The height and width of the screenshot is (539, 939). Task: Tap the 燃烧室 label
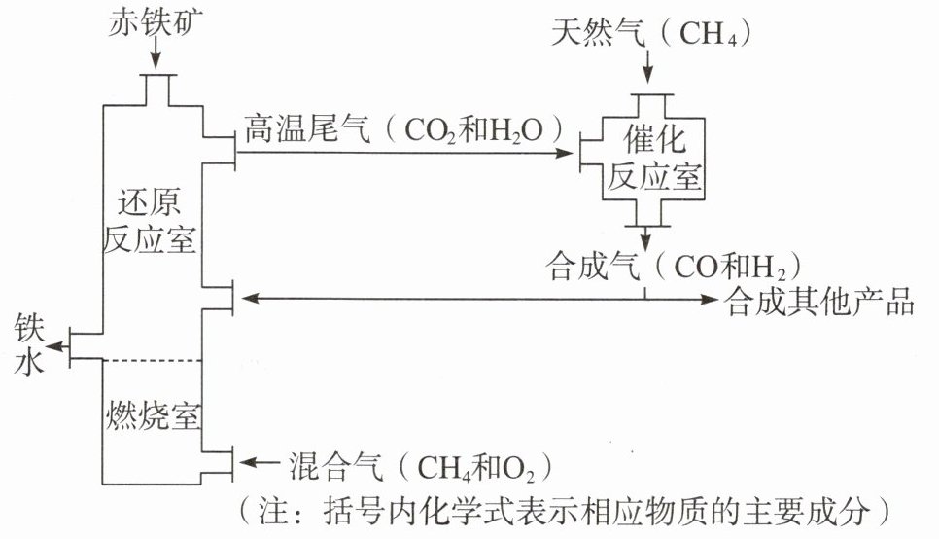pos(152,415)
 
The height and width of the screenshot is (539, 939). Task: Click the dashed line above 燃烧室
pos(151,360)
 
